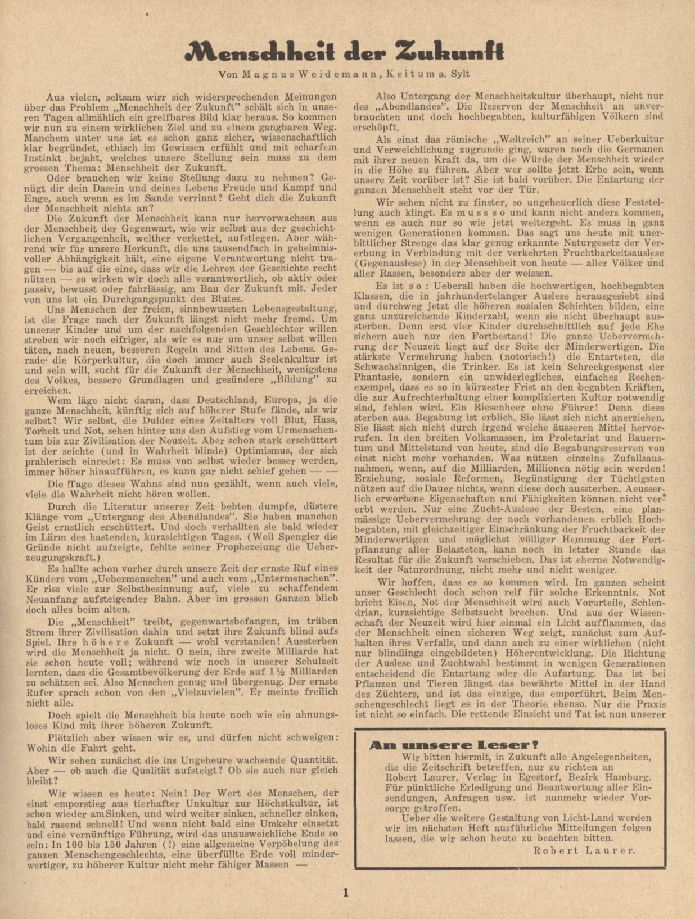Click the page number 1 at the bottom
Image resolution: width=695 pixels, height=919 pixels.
tap(346, 892)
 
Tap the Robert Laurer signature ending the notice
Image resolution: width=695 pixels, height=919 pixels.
tap(583, 850)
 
